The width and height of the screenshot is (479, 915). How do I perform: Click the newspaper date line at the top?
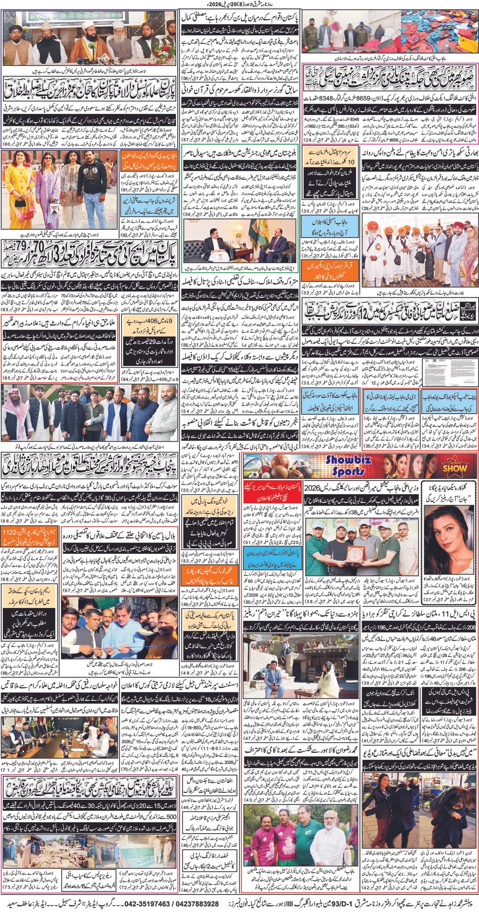click(x=239, y=4)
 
